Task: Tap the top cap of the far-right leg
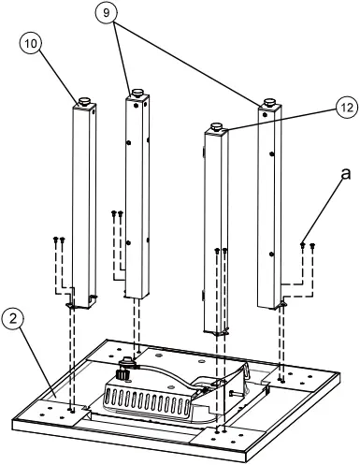270,103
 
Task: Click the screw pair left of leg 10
59,241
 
